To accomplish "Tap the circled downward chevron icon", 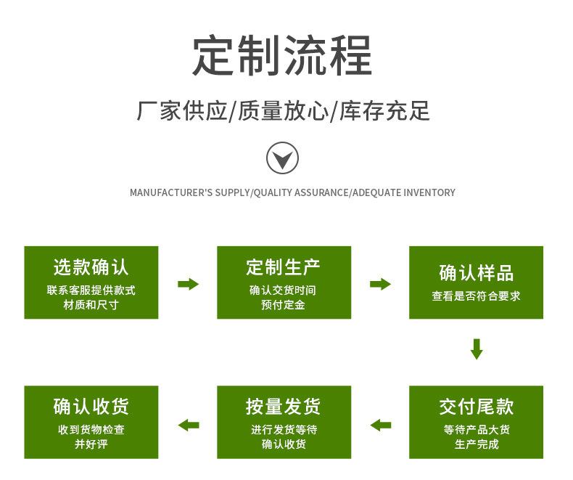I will pyautogui.click(x=282, y=158).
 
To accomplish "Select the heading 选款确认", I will pyautogui.click(x=91, y=267).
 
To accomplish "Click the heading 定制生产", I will pyautogui.click(x=283, y=267).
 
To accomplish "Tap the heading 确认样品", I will pyautogui.click(x=476, y=272).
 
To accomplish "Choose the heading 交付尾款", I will pyautogui.click(x=476, y=407).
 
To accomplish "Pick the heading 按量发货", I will pyautogui.click(x=283, y=407).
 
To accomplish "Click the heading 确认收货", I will pyautogui.click(x=91, y=407).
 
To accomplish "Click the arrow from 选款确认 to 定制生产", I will pyautogui.click(x=188, y=284).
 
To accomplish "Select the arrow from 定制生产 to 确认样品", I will pyautogui.click(x=380, y=284).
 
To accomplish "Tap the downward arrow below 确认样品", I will pyautogui.click(x=476, y=349).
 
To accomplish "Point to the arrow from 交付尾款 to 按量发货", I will pyautogui.click(x=380, y=425).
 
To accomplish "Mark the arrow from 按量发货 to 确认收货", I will pyautogui.click(x=189, y=425).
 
